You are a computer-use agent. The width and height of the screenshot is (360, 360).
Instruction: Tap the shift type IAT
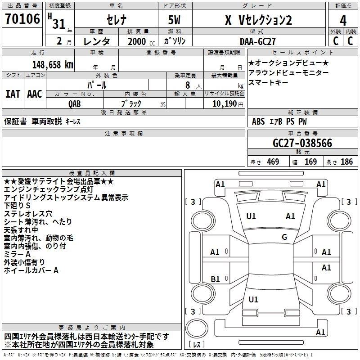click(13, 94)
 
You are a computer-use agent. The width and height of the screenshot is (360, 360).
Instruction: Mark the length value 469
click(271, 162)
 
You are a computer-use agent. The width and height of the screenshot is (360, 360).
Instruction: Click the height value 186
click(346, 162)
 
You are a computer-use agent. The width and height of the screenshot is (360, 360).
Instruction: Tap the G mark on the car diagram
click(284, 237)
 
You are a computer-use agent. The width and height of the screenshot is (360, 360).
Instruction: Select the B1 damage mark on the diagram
click(215, 279)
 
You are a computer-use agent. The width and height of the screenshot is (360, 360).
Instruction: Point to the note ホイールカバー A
click(31, 270)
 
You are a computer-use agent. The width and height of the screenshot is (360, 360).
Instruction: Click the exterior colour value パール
click(97, 84)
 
